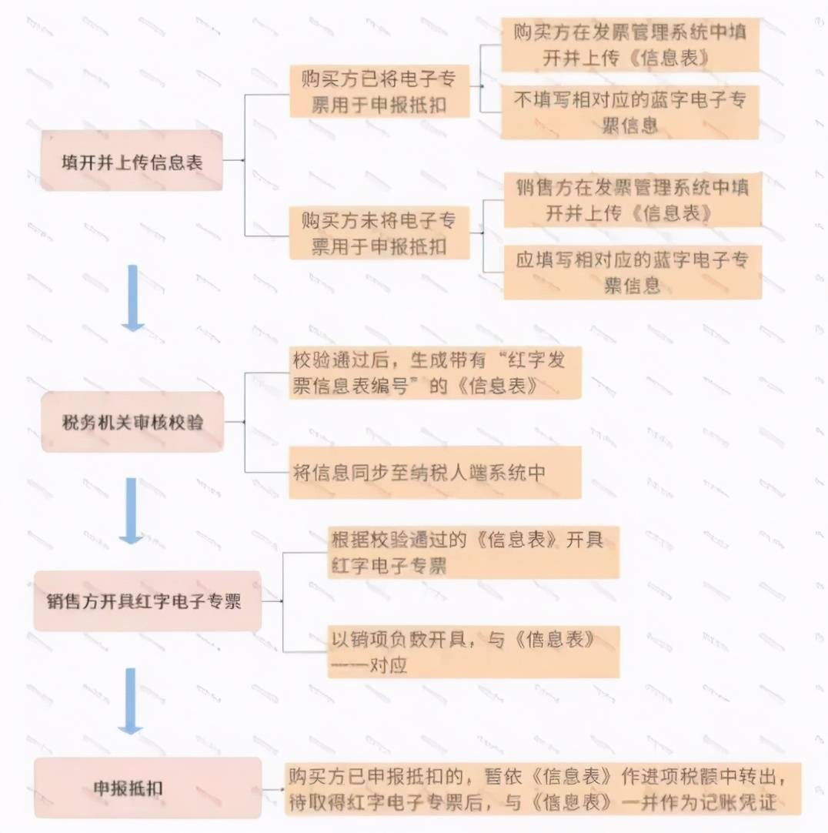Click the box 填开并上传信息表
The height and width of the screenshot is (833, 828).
coord(131,160)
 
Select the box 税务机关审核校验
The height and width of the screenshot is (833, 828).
coord(132,422)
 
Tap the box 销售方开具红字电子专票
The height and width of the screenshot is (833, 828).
coord(147,600)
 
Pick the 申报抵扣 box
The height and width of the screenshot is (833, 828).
coord(148,788)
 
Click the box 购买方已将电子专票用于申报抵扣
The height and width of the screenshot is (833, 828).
coord(379,91)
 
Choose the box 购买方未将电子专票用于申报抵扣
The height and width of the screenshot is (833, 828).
coord(379,233)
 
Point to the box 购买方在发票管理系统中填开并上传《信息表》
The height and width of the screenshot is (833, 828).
coord(630,44)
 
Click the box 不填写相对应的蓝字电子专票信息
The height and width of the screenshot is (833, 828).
coord(630,112)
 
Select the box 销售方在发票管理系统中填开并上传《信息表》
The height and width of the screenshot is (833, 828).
coord(633,199)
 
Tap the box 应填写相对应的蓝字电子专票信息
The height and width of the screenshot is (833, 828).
coord(633,272)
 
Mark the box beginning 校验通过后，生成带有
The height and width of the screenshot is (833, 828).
coord(435,373)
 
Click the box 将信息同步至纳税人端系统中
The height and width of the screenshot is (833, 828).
coord(435,472)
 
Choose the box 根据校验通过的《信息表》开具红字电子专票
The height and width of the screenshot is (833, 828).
coord(473,552)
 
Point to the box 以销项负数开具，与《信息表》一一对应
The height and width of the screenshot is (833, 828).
coord(473,651)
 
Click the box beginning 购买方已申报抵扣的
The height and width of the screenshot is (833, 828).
coord(543,789)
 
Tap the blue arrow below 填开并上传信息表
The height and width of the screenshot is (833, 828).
coord(133,298)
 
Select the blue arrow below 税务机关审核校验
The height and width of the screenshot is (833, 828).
coord(131,510)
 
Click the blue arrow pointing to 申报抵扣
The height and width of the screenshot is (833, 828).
coord(130,701)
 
